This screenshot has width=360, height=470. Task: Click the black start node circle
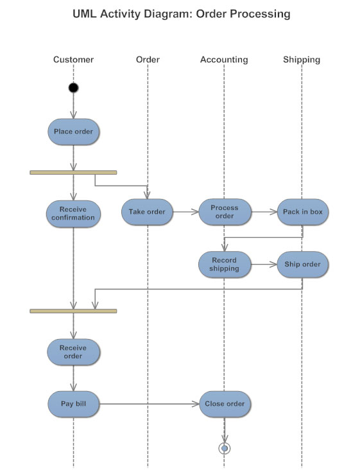point(74,88)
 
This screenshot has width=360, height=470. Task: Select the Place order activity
point(73,132)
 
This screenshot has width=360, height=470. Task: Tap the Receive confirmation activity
point(73,213)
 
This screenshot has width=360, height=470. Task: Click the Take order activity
point(147,212)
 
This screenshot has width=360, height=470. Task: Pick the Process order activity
point(224,212)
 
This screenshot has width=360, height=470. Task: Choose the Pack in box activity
point(302,212)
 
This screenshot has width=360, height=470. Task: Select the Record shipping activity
point(224,265)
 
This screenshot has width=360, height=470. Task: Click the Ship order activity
point(302,265)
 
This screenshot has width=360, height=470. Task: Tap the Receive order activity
point(73,352)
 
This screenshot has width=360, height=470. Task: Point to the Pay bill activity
point(73,404)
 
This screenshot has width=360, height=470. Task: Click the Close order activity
point(224,404)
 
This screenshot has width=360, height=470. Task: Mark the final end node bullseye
point(224,448)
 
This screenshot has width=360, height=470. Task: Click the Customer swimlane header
point(73,60)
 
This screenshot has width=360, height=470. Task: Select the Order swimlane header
point(148,60)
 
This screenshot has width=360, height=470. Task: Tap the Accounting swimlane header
point(224,60)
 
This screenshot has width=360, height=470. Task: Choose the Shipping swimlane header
point(302,60)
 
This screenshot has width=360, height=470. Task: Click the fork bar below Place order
point(73,172)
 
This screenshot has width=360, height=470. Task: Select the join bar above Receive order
point(73,311)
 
